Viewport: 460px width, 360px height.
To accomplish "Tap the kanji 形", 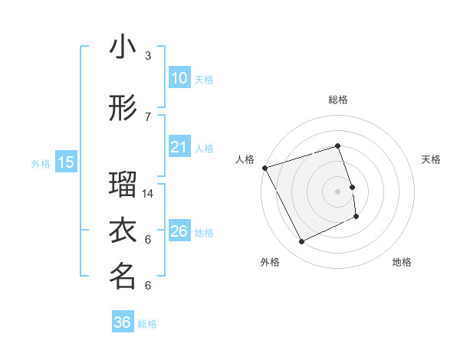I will coord(123,109).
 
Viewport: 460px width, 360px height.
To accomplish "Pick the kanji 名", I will coord(123,277).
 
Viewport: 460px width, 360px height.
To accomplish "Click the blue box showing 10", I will coord(179,78).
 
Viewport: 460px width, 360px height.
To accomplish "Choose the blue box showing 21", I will coord(179,147).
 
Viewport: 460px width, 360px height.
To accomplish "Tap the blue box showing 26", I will coord(179,231).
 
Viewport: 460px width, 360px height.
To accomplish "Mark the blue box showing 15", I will coord(65,162).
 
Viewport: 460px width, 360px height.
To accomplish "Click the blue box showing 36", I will coord(123,322).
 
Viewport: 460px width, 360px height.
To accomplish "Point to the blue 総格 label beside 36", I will coord(147,324).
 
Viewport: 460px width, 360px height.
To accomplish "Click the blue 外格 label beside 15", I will coord(41,163).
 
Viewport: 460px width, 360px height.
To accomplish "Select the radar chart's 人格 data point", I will coord(264,168).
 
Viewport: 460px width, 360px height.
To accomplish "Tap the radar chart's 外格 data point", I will coord(301,242).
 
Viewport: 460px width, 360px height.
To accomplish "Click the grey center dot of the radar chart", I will coord(337,191).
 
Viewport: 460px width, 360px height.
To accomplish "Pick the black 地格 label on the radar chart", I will coord(402,262).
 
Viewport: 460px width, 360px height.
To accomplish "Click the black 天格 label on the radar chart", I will coord(431,159).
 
